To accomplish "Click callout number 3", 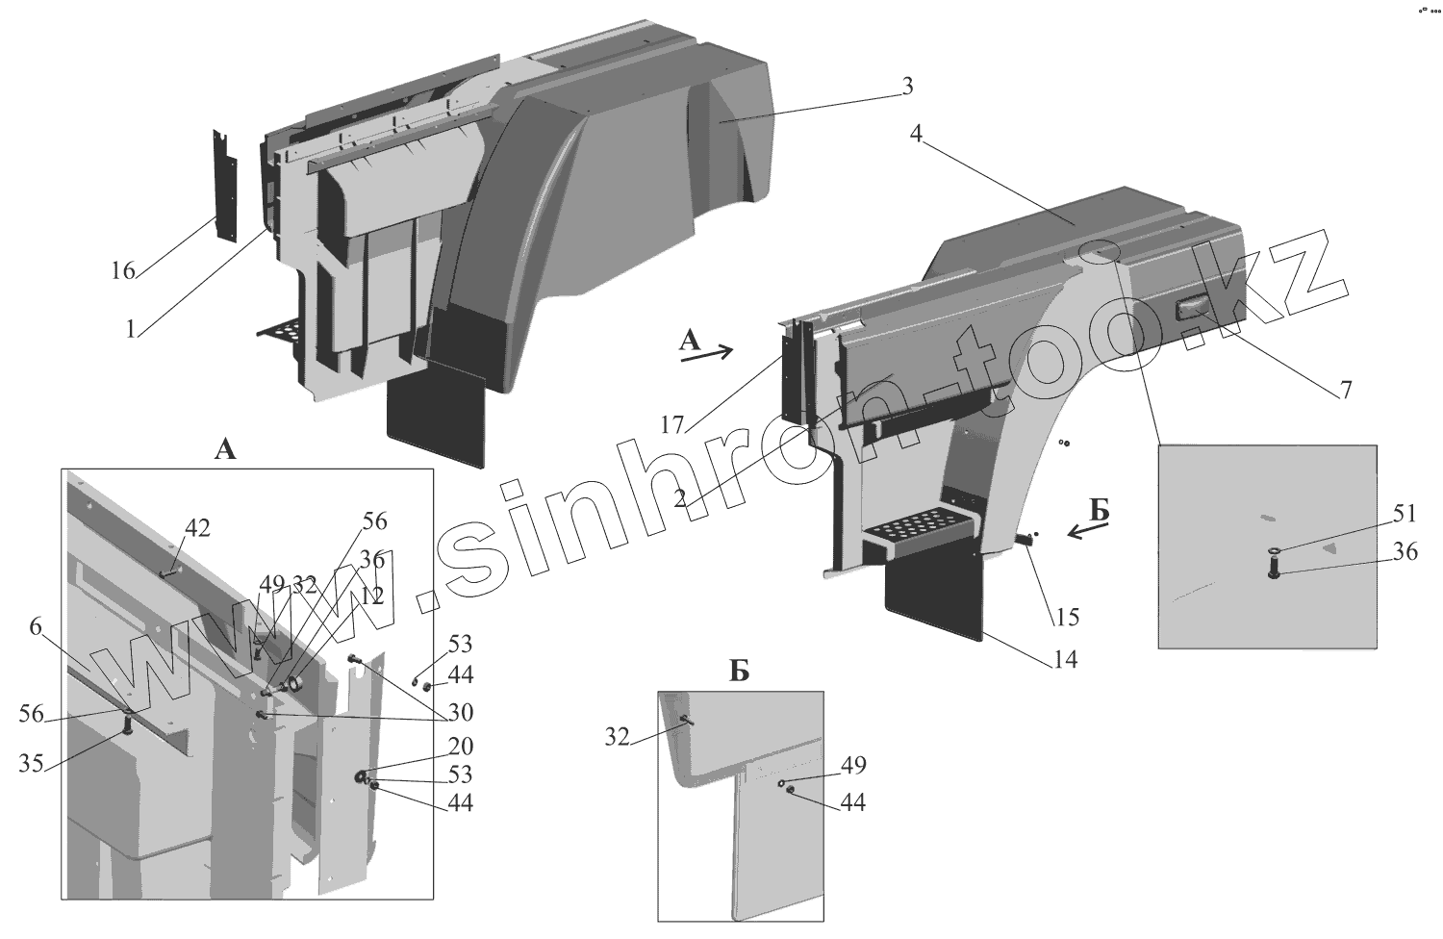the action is pyautogui.click(x=905, y=87).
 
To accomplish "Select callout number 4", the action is pyautogui.click(x=916, y=136).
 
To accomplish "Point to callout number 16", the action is pyautogui.click(x=122, y=271).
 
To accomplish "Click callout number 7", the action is pyautogui.click(x=1345, y=390).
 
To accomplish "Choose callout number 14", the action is pyautogui.click(x=1065, y=660).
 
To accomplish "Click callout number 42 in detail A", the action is pyautogui.click(x=197, y=528).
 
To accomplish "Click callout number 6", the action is pyautogui.click(x=36, y=627).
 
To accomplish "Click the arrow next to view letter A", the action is pyautogui.click(x=706, y=354).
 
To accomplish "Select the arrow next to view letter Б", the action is pyautogui.click(x=1088, y=530).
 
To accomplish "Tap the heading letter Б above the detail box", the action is pyautogui.click(x=739, y=672).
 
